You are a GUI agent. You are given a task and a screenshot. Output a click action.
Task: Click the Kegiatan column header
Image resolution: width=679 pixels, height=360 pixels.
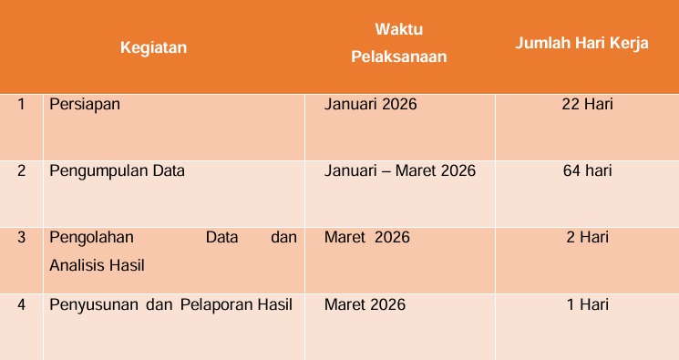[x=153, y=47]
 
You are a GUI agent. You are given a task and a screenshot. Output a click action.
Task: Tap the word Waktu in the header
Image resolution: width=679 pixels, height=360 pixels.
[x=399, y=29]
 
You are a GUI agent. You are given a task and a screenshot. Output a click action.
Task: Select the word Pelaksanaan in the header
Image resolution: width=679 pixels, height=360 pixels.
[x=399, y=57]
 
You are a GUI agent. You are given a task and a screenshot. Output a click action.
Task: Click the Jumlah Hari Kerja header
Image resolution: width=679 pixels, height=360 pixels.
[x=581, y=44]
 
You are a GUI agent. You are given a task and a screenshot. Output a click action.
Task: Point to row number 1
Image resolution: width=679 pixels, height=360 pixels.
[x=21, y=104]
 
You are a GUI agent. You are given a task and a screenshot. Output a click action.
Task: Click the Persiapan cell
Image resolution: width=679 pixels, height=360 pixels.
[x=85, y=105]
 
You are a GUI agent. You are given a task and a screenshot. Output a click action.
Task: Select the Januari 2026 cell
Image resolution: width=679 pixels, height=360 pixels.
[x=371, y=104]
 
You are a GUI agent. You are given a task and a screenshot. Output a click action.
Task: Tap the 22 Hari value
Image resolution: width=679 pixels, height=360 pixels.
[x=587, y=104]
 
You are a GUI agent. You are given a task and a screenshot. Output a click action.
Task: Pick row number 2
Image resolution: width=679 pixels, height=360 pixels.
[x=21, y=170]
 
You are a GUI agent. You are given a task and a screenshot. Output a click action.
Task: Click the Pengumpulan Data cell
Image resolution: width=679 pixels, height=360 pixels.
[x=117, y=171]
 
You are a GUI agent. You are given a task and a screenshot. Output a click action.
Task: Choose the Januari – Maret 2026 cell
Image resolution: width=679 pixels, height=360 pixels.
[x=400, y=170]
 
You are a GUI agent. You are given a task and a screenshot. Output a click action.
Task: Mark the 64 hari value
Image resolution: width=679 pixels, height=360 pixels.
[x=587, y=170]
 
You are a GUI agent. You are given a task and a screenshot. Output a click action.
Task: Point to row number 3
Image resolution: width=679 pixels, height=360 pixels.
[x=21, y=237]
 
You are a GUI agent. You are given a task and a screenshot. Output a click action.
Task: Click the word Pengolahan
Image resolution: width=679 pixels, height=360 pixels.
[x=91, y=238]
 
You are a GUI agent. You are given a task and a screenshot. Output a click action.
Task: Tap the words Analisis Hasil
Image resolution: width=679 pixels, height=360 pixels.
[x=97, y=265]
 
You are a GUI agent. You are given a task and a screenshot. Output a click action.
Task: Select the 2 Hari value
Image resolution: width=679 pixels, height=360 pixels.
[x=587, y=237]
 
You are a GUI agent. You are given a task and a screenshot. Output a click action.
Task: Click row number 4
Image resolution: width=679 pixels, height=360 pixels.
[x=21, y=304]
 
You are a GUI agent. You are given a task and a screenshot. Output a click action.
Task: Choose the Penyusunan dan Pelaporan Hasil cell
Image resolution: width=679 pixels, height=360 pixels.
[x=171, y=305]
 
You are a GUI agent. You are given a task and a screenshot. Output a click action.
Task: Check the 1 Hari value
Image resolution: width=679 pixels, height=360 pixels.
[x=588, y=304]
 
